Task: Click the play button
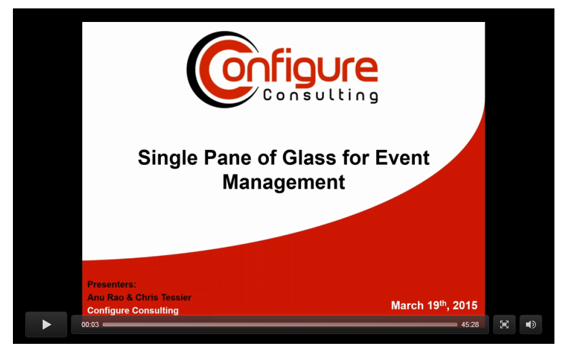pyautogui.click(x=46, y=324)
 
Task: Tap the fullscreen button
pyautogui.click(x=504, y=324)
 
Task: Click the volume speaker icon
pyautogui.click(x=531, y=324)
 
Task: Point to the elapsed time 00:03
pyautogui.click(x=90, y=324)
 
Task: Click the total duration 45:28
pyautogui.click(x=470, y=324)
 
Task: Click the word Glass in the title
pyautogui.click(x=309, y=158)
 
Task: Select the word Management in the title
pyautogui.click(x=284, y=182)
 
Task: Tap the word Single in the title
pyautogui.click(x=168, y=158)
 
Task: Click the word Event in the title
pyautogui.click(x=402, y=158)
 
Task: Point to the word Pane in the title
pyautogui.click(x=227, y=158)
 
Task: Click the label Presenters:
pyautogui.click(x=112, y=284)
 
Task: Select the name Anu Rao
pyautogui.click(x=105, y=297)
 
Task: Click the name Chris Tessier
pyautogui.click(x=163, y=297)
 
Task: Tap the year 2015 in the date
pyautogui.click(x=465, y=306)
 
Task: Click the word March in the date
pyautogui.click(x=407, y=306)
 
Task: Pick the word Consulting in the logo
pyautogui.click(x=321, y=96)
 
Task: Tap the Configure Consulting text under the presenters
pyautogui.click(x=133, y=310)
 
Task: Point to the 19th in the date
pyautogui.click(x=437, y=305)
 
